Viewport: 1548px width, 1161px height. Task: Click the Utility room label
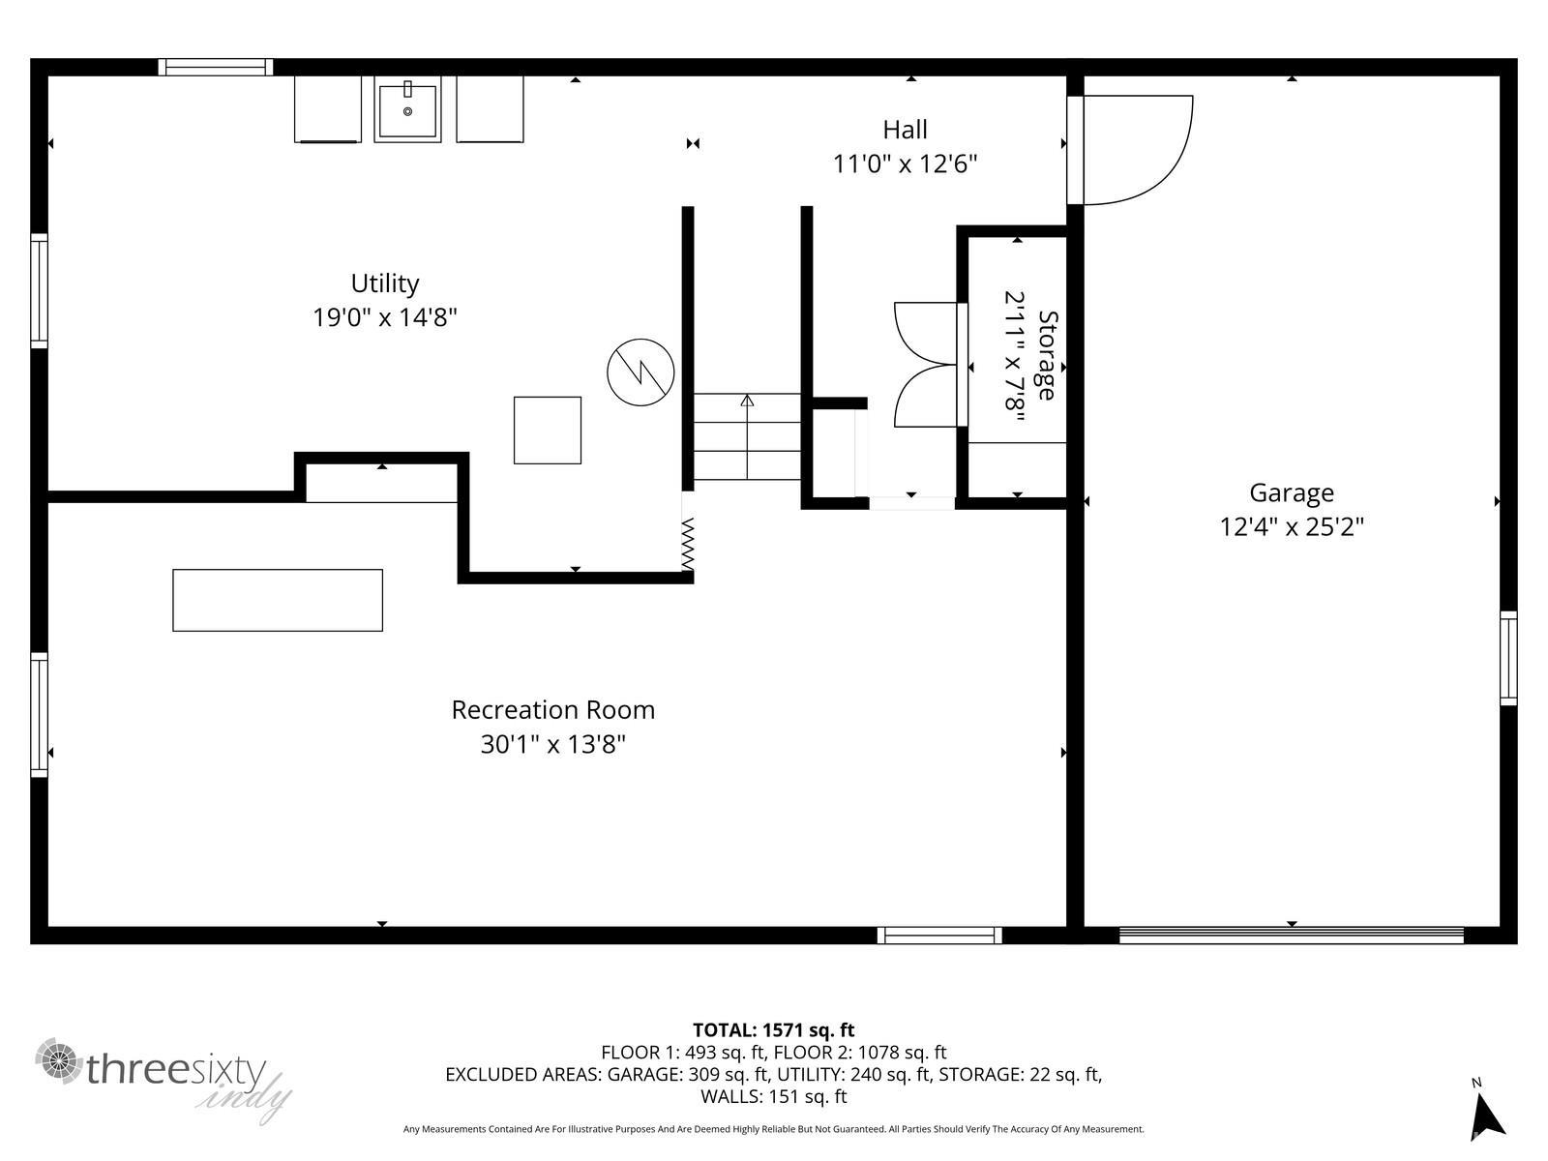click(384, 283)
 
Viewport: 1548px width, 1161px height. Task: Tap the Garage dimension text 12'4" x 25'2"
click(1291, 527)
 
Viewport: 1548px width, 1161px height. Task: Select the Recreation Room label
click(552, 710)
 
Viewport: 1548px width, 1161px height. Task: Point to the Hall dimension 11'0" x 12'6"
click(905, 164)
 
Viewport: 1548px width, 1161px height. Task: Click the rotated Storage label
click(1046, 355)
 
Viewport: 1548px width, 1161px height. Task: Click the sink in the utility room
click(407, 110)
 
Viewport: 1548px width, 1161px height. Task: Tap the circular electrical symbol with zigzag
click(640, 372)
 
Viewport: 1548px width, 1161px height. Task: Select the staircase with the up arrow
click(747, 436)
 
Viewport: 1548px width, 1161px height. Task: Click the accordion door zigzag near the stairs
click(688, 545)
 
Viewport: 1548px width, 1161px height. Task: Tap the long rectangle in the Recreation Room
click(278, 601)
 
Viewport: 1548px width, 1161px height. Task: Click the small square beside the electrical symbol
click(548, 431)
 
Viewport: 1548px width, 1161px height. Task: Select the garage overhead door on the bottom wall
click(1291, 936)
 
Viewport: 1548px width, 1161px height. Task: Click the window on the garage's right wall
click(1508, 658)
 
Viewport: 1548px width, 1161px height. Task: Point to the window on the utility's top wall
click(216, 67)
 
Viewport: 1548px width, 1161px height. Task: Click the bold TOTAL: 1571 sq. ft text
click(773, 1030)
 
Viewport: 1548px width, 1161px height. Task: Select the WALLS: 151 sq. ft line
click(773, 1097)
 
